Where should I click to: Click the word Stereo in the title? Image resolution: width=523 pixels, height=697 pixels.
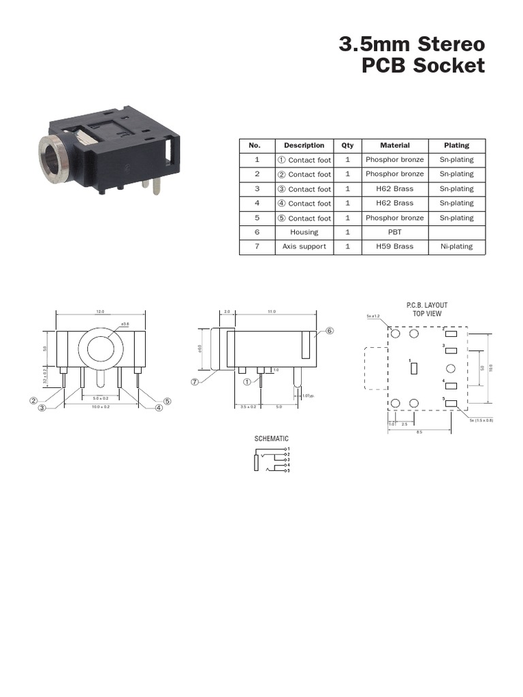click(x=450, y=45)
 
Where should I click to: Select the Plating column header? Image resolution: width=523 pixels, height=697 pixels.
click(x=456, y=145)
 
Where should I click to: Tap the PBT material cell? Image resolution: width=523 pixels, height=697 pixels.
click(x=394, y=232)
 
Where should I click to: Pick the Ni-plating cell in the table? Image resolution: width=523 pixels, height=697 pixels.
click(x=456, y=246)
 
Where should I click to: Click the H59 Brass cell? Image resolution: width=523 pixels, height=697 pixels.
click(x=394, y=246)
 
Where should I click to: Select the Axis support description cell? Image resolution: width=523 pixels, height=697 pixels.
click(x=304, y=246)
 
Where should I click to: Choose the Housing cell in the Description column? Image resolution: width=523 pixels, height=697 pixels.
click(x=304, y=232)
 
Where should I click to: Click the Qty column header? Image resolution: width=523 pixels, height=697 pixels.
click(x=347, y=145)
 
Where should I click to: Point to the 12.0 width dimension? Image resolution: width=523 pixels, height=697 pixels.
click(x=100, y=312)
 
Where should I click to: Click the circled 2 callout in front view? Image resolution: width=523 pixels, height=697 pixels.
click(x=32, y=400)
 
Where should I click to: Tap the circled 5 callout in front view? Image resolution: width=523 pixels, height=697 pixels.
click(x=167, y=400)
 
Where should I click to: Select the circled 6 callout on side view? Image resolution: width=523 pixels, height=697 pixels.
click(x=330, y=331)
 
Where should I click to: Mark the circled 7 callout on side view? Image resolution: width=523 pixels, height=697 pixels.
click(x=194, y=382)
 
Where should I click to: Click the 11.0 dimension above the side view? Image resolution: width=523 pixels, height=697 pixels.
click(x=272, y=312)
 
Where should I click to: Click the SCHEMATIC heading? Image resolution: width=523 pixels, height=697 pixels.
click(x=272, y=439)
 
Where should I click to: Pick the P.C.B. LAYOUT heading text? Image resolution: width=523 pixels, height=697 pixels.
click(x=427, y=306)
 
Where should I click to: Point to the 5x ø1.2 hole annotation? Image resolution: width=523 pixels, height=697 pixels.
click(x=373, y=317)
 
